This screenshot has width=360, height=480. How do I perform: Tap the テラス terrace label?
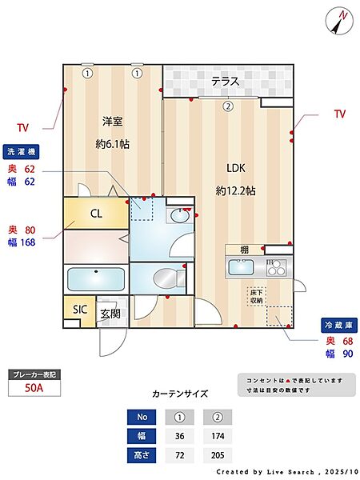pos(227,82)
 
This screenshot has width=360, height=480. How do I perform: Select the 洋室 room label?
pos(112,122)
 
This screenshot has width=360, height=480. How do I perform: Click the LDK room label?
pos(235,168)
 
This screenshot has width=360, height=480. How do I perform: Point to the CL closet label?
pos(95,214)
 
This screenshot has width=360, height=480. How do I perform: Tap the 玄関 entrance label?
pos(110,313)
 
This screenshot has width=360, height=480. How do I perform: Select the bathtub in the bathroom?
pos(95,280)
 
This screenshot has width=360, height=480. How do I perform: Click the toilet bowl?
pos(167,278)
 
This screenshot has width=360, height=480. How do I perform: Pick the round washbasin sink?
pos(179,215)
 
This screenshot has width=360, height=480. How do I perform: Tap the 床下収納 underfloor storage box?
pos(256,296)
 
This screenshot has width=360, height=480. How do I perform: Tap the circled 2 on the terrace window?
pos(228,105)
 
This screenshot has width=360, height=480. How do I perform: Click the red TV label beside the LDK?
pos(340,114)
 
